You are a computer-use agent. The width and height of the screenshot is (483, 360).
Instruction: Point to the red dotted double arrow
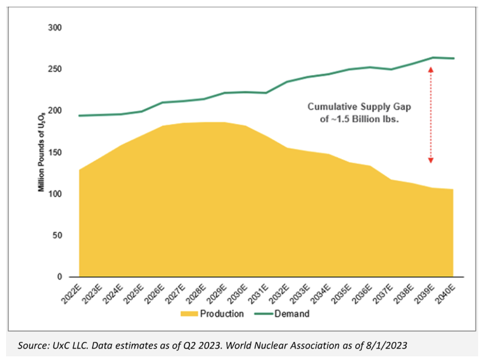[x=431, y=115]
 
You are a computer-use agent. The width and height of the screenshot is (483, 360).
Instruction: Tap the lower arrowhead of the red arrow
[x=431, y=161]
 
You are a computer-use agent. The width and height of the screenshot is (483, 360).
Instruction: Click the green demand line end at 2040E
[x=453, y=58]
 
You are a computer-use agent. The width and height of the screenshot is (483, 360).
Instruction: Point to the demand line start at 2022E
[x=79, y=116]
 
